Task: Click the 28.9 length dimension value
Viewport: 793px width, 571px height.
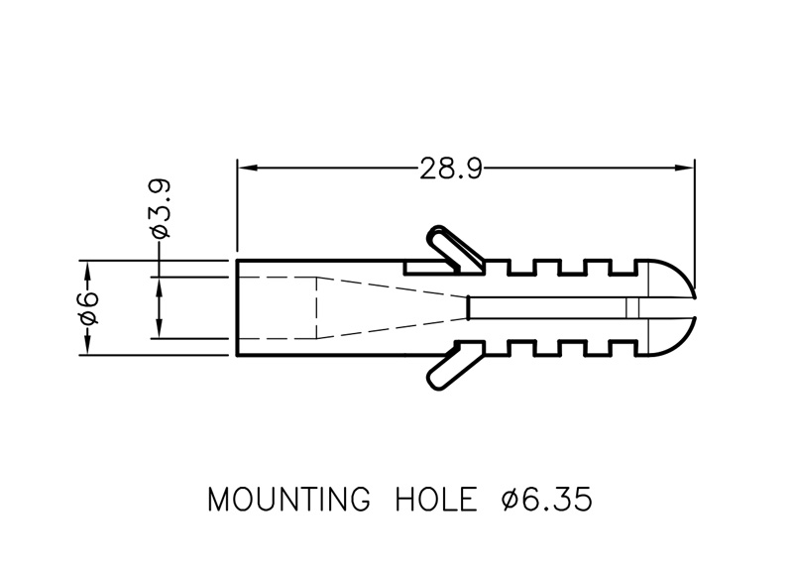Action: pos(451,169)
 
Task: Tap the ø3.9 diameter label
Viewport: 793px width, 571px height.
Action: pos(161,208)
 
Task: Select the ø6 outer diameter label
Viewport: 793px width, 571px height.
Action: pos(87,308)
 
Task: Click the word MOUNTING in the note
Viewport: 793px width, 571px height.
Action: pos(288,500)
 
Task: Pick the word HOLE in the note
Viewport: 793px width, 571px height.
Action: pos(436,500)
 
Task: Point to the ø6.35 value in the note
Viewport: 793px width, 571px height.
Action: pos(547,500)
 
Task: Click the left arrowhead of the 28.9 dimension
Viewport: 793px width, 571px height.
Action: pos(247,168)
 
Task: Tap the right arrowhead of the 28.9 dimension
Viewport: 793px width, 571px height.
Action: pos(685,168)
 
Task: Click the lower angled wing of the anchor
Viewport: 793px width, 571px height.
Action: pos(453,365)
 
